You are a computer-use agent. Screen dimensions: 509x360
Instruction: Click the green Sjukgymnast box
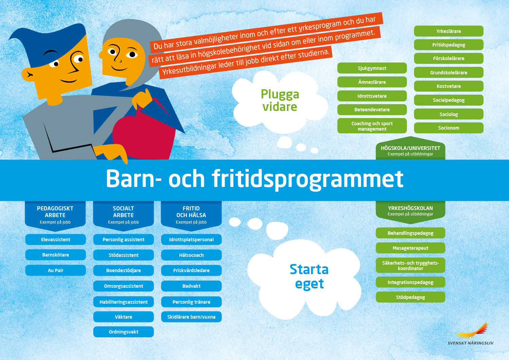pyautogui.click(x=372, y=68)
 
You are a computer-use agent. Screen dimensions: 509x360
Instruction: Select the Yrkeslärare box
pyautogui.click(x=449, y=31)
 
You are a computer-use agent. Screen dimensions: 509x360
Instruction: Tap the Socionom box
pyautogui.click(x=449, y=128)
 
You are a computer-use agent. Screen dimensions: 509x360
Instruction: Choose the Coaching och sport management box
pyautogui.click(x=372, y=126)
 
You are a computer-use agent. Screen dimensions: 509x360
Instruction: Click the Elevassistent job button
pyautogui.click(x=55, y=240)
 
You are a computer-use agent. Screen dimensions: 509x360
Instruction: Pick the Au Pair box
pyautogui.click(x=55, y=270)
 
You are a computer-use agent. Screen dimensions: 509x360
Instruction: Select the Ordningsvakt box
pyautogui.click(x=124, y=332)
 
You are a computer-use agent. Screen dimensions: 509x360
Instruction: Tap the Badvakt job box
pyautogui.click(x=191, y=286)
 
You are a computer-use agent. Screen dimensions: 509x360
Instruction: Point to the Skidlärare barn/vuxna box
pyautogui.click(x=191, y=317)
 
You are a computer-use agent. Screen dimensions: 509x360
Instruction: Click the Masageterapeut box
pyautogui.click(x=410, y=248)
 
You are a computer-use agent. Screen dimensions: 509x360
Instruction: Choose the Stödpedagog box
pyautogui.click(x=410, y=297)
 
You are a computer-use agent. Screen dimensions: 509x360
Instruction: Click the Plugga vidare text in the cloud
pyautogui.click(x=280, y=100)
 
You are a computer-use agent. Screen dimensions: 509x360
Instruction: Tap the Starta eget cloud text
pyautogui.click(x=309, y=277)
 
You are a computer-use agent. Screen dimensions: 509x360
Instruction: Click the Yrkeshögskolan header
pyautogui.click(x=410, y=211)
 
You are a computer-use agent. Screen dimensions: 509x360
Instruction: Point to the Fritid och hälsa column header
pyautogui.click(x=191, y=215)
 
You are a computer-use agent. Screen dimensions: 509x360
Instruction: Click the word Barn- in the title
pyautogui.click(x=134, y=178)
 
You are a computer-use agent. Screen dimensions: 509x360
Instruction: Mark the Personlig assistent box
pyautogui.click(x=124, y=240)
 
